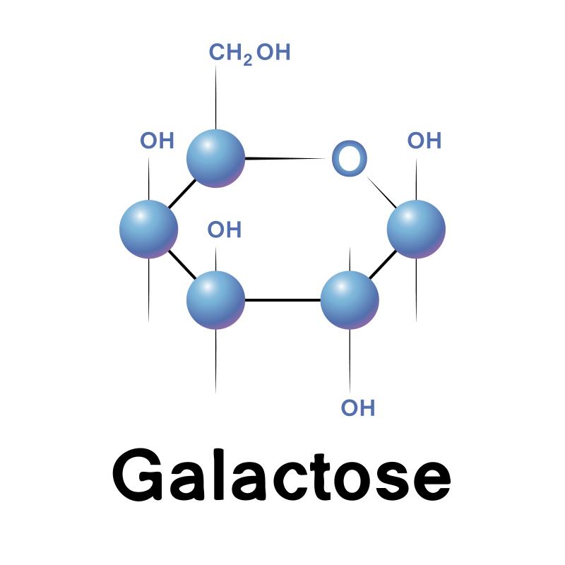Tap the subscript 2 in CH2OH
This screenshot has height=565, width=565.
(x=248, y=60)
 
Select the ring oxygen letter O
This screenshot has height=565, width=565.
(x=349, y=158)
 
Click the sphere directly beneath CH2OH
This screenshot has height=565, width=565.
(x=216, y=158)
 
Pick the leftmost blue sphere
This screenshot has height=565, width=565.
(x=148, y=229)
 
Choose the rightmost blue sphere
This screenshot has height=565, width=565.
(x=416, y=229)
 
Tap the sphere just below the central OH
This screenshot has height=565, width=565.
(x=216, y=299)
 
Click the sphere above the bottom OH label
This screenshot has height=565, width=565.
(x=350, y=299)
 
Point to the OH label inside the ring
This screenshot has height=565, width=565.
(x=224, y=230)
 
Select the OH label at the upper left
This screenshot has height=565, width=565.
(x=157, y=141)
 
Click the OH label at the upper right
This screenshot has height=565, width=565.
(x=424, y=141)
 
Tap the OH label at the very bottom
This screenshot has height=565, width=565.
(x=358, y=408)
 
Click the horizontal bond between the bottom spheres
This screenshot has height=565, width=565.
(x=283, y=299)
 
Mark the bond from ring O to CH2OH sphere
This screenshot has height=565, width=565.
(x=285, y=158)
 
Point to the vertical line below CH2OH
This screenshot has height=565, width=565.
(x=216, y=97)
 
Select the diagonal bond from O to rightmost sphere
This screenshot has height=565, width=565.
(x=381, y=192)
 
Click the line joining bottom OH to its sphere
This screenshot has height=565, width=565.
(x=350, y=361)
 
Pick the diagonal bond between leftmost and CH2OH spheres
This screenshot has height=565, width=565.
(x=182, y=194)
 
